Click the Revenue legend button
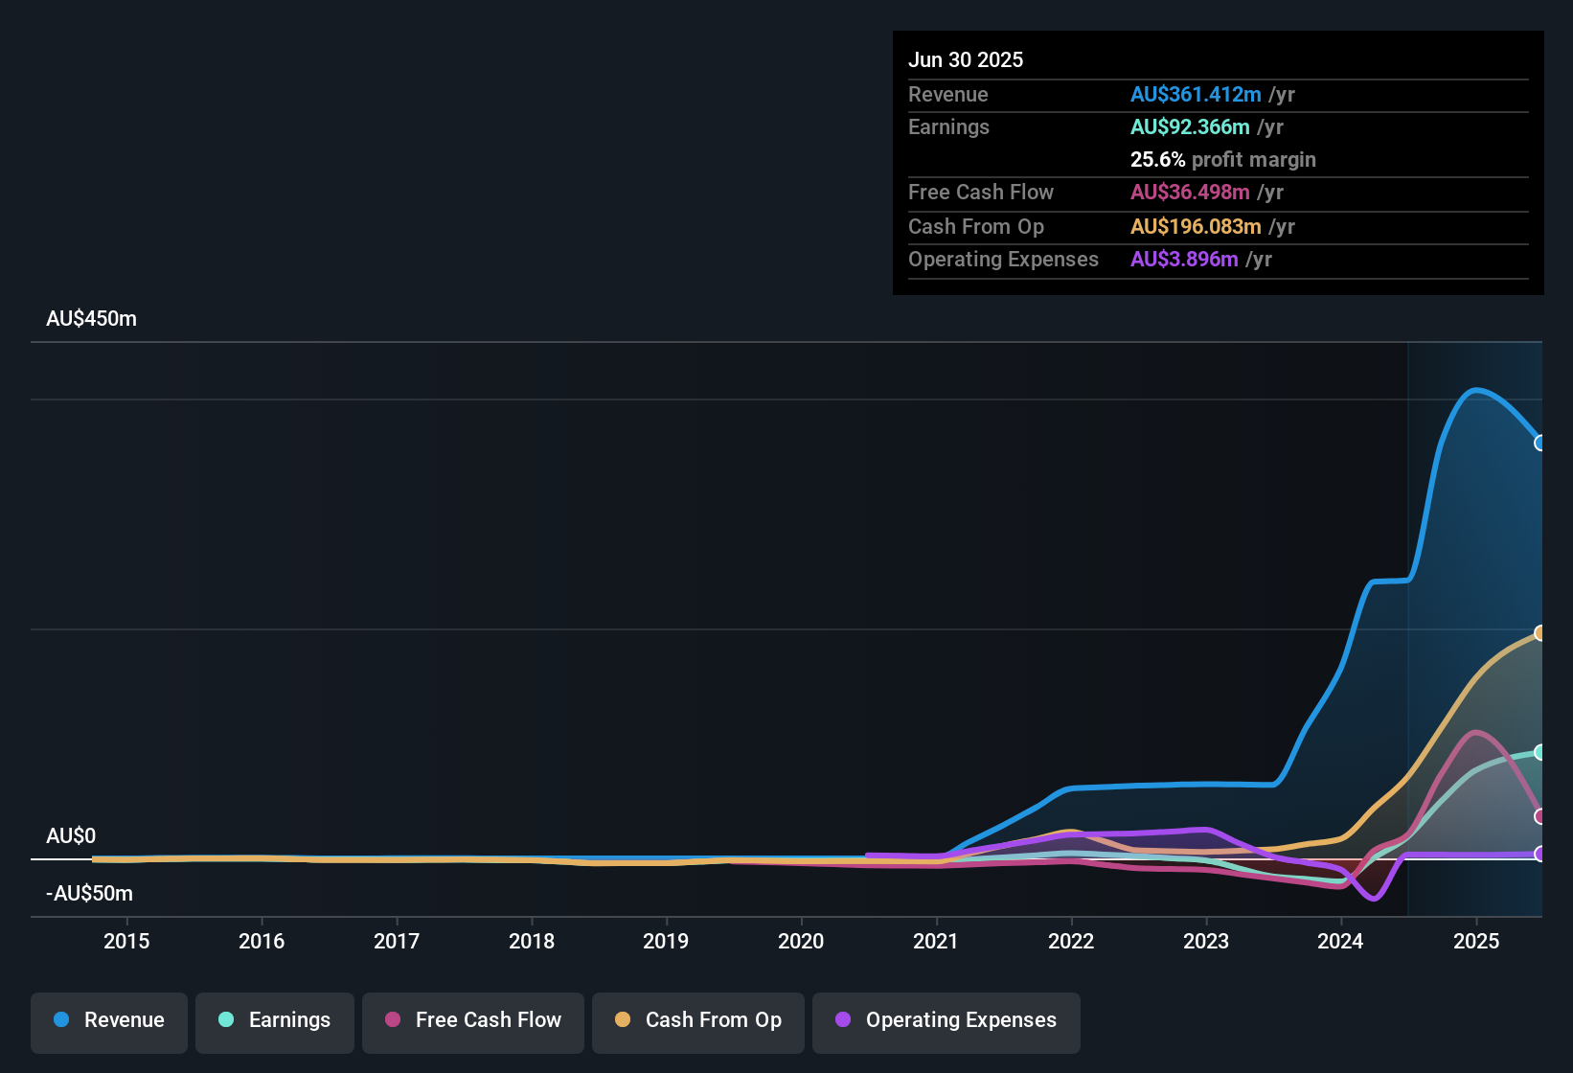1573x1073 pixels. (x=109, y=1020)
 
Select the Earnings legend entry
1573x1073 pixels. (x=275, y=1020)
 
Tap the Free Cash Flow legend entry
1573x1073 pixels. (x=473, y=1020)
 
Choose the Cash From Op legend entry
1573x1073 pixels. (x=698, y=1020)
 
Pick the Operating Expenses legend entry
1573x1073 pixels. (x=946, y=1020)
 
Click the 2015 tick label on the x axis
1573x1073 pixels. (x=126, y=942)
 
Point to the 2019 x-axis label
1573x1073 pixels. (x=666, y=942)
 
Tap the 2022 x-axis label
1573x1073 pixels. (x=1071, y=942)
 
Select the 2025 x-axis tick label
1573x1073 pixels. (x=1476, y=942)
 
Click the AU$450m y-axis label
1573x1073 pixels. (x=91, y=319)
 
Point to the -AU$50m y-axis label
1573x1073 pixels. (x=89, y=894)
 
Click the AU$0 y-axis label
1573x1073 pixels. (x=71, y=836)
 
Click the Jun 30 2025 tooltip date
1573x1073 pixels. (x=966, y=60)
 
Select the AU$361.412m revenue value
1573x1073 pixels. (x=1196, y=95)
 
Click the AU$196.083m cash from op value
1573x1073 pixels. (x=1196, y=227)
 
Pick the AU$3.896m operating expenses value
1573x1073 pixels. (x=1184, y=260)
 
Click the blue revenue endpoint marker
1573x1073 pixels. (x=1539, y=443)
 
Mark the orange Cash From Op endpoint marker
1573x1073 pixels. (x=1539, y=632)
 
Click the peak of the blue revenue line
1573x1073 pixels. (x=1476, y=389)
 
